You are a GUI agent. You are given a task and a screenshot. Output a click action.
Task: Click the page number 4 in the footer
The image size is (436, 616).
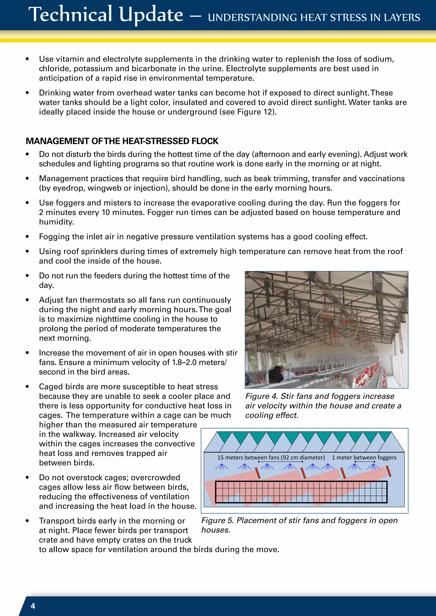(33, 606)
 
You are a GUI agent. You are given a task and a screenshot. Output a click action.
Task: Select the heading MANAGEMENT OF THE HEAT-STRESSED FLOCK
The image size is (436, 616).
(122, 141)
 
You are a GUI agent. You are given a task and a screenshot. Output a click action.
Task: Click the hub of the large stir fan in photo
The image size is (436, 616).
(336, 322)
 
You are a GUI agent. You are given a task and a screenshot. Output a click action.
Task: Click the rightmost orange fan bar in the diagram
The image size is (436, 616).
(389, 471)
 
